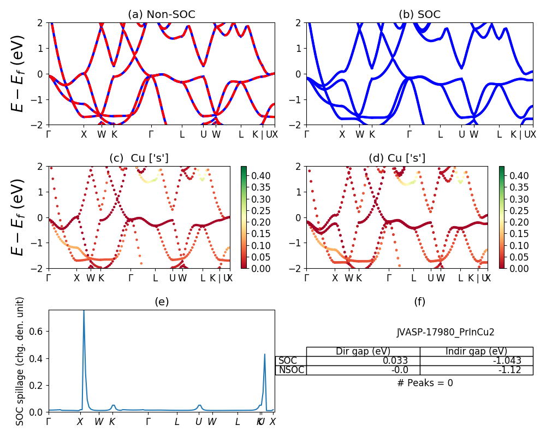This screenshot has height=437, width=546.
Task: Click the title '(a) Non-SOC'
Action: point(161,15)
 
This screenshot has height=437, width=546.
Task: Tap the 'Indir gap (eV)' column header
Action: point(476,351)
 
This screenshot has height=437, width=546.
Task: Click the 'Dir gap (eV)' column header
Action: point(363,351)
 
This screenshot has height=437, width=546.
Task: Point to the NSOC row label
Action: point(291,370)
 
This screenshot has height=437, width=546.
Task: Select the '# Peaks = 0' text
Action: point(425,383)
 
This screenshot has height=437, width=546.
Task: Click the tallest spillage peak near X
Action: point(84,311)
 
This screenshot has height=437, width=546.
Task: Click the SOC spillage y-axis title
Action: point(20,361)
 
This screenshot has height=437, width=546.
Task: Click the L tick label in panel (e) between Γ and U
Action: point(177,422)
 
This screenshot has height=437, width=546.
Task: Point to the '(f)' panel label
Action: point(419,302)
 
